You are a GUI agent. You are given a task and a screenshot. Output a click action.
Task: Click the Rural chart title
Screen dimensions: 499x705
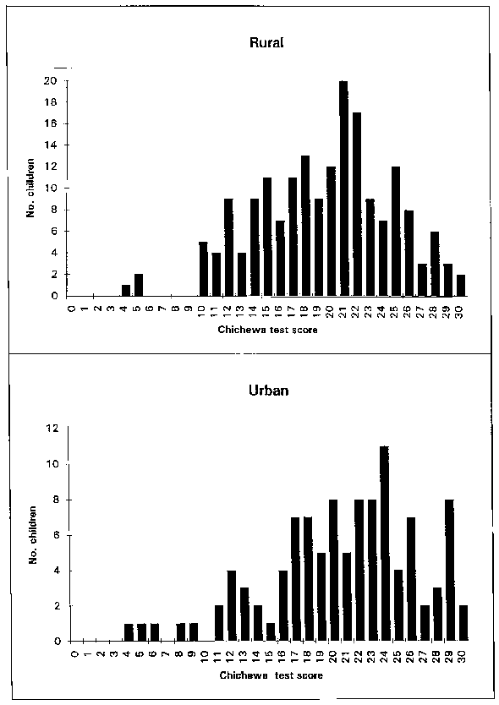[x=266, y=43]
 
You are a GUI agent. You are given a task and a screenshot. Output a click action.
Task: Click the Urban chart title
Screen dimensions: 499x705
[x=269, y=390]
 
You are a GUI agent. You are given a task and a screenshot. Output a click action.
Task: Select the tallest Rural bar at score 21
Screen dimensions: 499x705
[x=343, y=189]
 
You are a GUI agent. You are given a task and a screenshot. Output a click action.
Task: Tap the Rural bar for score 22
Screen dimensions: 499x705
[x=356, y=204]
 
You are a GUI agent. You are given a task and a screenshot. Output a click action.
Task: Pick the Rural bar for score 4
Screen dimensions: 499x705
[x=126, y=291]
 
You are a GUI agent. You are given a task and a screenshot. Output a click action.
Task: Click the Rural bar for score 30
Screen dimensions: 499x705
[x=460, y=285]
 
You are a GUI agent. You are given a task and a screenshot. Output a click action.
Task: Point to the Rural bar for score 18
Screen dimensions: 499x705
[x=304, y=226]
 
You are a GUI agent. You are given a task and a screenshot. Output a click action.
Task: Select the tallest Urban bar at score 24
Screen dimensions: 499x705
[x=384, y=544]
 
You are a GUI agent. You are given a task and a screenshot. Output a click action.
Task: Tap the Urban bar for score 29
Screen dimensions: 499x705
[x=449, y=570]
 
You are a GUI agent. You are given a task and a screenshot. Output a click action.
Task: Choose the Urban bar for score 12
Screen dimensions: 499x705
[x=232, y=605]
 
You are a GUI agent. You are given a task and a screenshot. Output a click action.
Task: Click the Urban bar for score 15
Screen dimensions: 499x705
[x=271, y=631]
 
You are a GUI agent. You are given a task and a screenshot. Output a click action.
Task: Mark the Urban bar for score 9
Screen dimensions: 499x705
[x=194, y=631]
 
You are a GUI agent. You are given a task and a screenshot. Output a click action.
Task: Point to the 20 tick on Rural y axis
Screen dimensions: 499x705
[x=51, y=81]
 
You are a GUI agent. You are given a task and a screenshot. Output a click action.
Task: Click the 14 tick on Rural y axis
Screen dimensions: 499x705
[x=51, y=145]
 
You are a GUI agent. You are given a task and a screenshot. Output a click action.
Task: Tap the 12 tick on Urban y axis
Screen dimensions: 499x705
[x=52, y=428]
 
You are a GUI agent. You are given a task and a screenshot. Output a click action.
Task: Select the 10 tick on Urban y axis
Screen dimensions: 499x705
[x=52, y=463]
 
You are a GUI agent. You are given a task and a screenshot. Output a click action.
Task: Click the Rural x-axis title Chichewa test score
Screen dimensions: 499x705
[x=268, y=330]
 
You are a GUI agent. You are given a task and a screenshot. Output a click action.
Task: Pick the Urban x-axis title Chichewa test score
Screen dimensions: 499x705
[x=271, y=675]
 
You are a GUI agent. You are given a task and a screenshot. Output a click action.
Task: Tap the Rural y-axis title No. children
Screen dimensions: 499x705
[x=30, y=188]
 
